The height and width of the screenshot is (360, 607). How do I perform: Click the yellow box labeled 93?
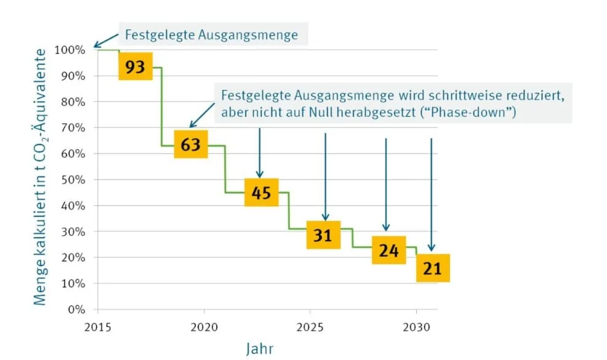coord(135,66)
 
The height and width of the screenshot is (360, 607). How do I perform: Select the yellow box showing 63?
coord(191,145)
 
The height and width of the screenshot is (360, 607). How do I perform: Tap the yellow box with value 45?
coord(262,193)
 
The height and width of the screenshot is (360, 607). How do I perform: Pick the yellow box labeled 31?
coord(323,235)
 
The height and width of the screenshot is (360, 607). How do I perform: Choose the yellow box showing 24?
coord(388,250)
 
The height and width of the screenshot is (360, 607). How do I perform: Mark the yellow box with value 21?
coord(433,268)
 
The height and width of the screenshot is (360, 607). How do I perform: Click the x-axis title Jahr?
coord(260,348)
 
